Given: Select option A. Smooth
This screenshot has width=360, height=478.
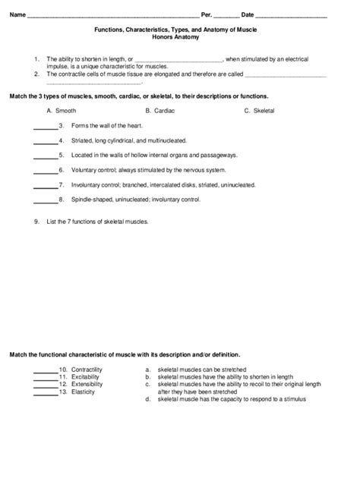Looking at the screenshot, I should click(61, 111).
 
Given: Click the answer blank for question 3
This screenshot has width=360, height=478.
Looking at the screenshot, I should click(46, 126).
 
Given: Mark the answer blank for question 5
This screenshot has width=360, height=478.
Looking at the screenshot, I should click(46, 156).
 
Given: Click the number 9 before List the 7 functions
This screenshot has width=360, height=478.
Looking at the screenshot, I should click(36, 222).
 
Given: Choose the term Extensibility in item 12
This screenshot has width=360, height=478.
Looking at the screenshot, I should click(87, 384).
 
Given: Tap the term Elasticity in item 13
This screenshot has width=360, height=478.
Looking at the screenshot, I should click(83, 392).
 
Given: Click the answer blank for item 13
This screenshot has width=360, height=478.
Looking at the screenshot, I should click(46, 392).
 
